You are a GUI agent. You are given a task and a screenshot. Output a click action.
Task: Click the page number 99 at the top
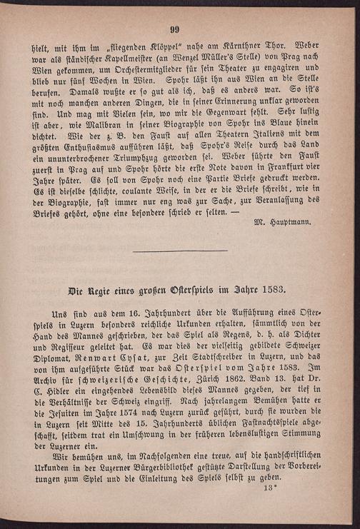[175, 29]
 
